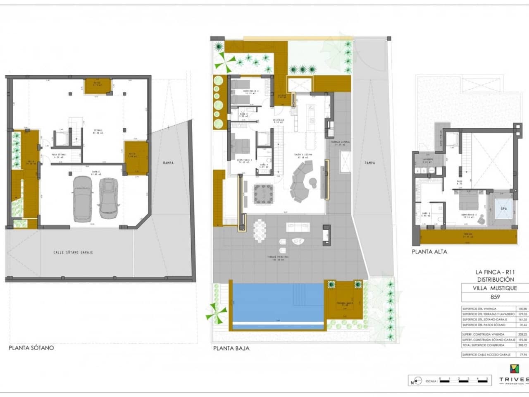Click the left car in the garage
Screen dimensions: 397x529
[83, 199]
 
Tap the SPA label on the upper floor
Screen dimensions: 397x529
[503, 208]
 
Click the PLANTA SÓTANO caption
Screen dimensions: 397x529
[31, 348]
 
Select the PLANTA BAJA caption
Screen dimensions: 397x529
[231, 348]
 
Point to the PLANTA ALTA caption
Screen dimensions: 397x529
[429, 251]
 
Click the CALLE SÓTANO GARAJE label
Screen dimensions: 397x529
[73, 252]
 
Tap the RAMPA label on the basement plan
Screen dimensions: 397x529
[168, 163]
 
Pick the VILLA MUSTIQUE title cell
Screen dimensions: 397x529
[495, 288]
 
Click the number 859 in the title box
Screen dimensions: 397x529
[495, 297]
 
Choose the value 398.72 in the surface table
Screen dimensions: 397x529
[522, 345]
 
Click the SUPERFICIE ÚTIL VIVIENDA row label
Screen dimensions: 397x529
[479, 309]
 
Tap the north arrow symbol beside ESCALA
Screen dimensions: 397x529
[417, 381]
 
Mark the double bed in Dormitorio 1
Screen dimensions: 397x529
[241, 146]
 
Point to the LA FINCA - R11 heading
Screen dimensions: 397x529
[495, 272]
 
